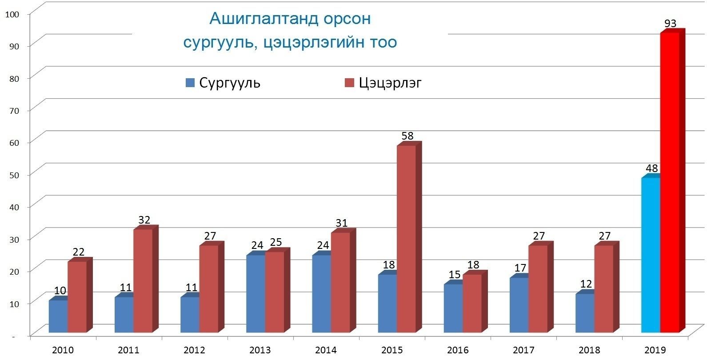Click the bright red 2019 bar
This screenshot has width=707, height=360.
point(670,182)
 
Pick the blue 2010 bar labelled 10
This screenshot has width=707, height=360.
point(58,316)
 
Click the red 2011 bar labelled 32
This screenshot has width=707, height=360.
point(143,280)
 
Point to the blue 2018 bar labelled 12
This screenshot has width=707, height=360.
point(585,313)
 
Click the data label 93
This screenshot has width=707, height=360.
point(670,24)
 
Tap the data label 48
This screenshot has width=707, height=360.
point(651,168)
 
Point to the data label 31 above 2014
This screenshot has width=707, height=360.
point(341,223)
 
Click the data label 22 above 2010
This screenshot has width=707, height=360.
point(78,252)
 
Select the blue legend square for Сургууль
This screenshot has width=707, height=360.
point(190,83)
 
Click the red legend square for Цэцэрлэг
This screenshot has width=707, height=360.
point(350,83)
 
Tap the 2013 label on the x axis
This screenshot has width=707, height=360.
point(260,350)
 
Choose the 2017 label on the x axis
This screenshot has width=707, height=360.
point(523,350)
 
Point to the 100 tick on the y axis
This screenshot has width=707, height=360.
point(12,14)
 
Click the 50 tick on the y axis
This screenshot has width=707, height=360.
point(14,175)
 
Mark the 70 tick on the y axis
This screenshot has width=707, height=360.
point(14,111)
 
